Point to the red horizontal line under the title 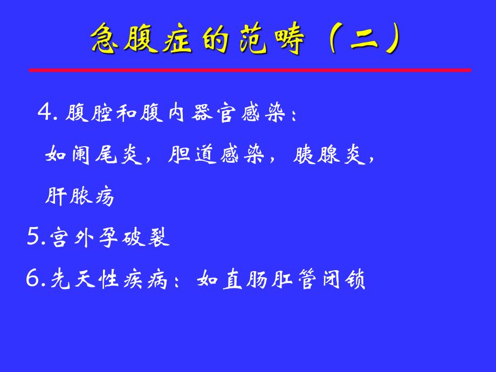pyautogui.click(x=250, y=70)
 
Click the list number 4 pyautogui.click(x=45, y=114)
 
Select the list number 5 pyautogui.click(x=34, y=237)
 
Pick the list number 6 pyautogui.click(x=34, y=279)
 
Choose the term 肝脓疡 pyautogui.click(x=80, y=197)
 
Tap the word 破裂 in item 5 pyautogui.click(x=146, y=238)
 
